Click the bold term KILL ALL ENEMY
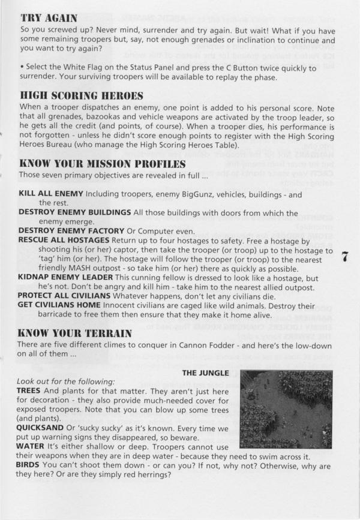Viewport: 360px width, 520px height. pyautogui.click(x=52, y=194)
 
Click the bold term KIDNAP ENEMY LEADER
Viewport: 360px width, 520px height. pyautogui.click(x=66, y=278)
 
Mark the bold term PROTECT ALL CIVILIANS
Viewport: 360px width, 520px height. pyautogui.click(x=68, y=296)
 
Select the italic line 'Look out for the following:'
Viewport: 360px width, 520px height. pyautogui.click(x=67, y=381)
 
